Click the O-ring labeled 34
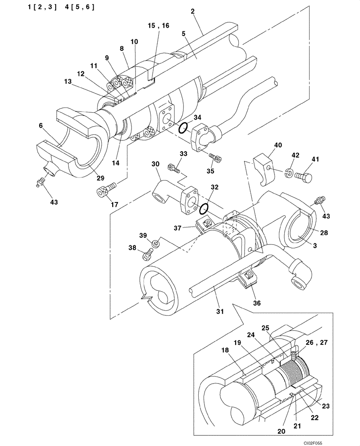(183, 128)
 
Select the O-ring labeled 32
(205, 208)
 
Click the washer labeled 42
(289, 173)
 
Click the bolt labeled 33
(173, 168)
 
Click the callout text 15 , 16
(158, 26)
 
